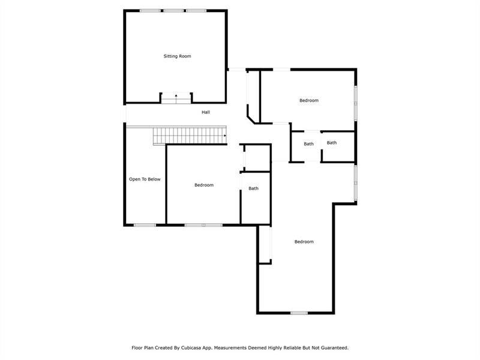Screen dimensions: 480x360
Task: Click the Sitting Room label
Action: coord(177,56)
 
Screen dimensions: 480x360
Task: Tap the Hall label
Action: coord(206,112)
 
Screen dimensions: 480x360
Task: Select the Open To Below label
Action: coord(145,179)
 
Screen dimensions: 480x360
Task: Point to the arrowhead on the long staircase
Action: coord(225,136)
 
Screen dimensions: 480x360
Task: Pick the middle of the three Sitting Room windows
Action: coord(173,11)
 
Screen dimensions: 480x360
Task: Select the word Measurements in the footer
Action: coord(230,348)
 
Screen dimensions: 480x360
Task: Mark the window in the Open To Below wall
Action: coord(145,226)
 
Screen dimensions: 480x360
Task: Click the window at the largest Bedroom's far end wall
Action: coord(299,313)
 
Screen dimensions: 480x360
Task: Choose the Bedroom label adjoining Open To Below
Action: coord(204,185)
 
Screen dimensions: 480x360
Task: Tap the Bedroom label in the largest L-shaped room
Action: coord(304,242)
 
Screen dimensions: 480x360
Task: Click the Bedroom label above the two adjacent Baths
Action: coord(309,100)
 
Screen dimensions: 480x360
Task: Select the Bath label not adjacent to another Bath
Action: coord(253,188)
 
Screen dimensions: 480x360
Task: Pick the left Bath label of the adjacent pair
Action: coord(308,144)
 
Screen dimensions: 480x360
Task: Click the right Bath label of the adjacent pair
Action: coord(332,143)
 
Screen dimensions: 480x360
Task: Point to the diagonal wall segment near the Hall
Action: coord(251,119)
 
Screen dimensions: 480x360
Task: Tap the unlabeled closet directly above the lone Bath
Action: coord(257,158)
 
